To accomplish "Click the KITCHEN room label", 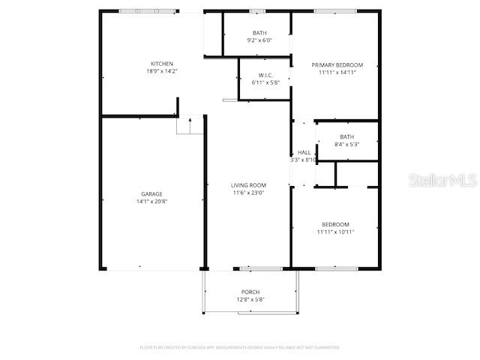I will click(162, 64).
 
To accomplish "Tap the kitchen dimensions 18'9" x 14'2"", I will click(162, 71).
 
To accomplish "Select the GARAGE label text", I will click(151, 194).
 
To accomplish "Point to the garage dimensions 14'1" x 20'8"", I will click(151, 202).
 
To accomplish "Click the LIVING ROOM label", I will click(248, 185).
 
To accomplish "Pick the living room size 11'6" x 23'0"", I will click(248, 193).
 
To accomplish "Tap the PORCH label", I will click(250, 292).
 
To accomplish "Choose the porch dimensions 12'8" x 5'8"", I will click(250, 300).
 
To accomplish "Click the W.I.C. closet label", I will click(265, 75).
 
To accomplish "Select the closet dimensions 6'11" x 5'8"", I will click(265, 82).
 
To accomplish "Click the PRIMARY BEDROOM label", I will click(337, 65).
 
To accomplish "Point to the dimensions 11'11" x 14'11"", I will click(337, 73).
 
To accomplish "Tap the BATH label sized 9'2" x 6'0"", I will click(259, 33).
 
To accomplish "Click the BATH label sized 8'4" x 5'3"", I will click(346, 136).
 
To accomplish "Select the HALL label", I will click(304, 152).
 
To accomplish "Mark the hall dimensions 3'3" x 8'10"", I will click(304, 160).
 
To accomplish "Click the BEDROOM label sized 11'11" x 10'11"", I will click(335, 224).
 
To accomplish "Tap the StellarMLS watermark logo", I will click(442, 181).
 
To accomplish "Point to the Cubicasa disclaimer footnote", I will click(240, 347).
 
